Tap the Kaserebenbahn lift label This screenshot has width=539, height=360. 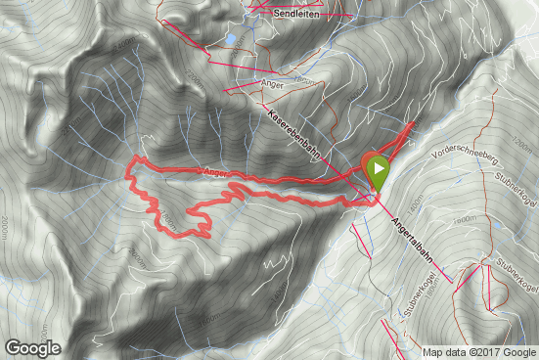tap(292, 135)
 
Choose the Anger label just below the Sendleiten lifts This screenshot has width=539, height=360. tap(273, 83)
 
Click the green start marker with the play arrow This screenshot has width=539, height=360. tap(377, 171)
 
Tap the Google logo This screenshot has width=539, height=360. tap(32, 347)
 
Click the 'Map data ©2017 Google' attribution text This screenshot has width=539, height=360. tap(479, 352)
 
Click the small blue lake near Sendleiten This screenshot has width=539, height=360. tap(230, 40)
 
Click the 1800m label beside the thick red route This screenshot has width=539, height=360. tap(169, 217)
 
